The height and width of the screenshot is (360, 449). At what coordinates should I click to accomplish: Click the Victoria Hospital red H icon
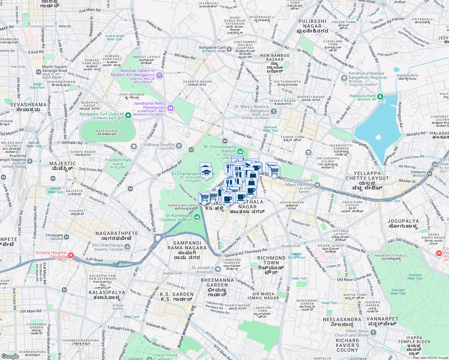(71, 255)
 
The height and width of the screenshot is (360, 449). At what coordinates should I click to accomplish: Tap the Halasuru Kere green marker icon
(380, 97)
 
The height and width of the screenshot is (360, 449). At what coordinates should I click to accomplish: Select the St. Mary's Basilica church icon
(273, 112)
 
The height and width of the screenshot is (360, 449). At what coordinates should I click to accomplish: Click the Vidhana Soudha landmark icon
(179, 146)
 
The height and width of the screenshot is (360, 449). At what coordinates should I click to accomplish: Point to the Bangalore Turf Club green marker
(128, 115)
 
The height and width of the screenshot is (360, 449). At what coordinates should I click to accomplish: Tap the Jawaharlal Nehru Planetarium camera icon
(170, 108)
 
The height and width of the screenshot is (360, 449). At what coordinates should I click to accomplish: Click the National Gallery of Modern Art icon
(159, 75)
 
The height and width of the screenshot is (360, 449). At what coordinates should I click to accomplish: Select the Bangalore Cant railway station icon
(229, 49)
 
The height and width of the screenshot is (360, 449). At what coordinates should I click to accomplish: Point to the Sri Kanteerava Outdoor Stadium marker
(197, 217)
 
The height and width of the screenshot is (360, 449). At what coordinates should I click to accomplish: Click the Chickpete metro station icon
(67, 237)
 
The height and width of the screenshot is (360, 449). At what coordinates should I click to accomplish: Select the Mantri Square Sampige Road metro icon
(38, 72)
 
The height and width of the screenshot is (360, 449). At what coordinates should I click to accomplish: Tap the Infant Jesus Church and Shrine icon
(373, 332)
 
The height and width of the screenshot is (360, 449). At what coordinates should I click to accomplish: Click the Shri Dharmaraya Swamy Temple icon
(127, 247)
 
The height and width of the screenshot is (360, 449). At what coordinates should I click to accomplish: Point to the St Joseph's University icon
(218, 269)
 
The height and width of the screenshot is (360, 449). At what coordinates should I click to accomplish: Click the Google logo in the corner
(10, 356)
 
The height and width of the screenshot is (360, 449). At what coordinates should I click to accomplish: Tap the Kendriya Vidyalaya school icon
(344, 78)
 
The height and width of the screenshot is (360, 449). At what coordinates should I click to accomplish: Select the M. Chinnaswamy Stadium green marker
(240, 151)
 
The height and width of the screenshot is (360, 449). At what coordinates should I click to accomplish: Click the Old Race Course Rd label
(354, 278)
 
